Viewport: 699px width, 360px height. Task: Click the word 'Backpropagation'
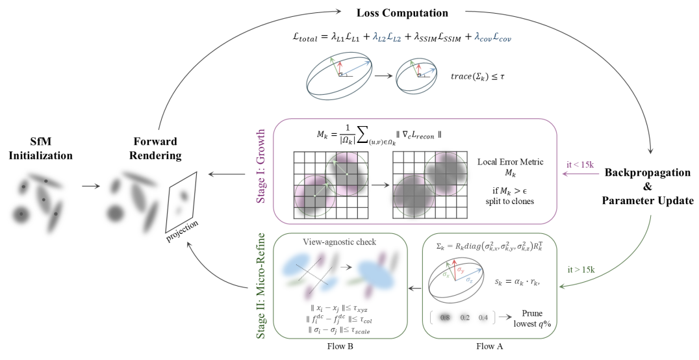(646, 173)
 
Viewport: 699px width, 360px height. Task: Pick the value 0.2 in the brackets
(464, 318)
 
